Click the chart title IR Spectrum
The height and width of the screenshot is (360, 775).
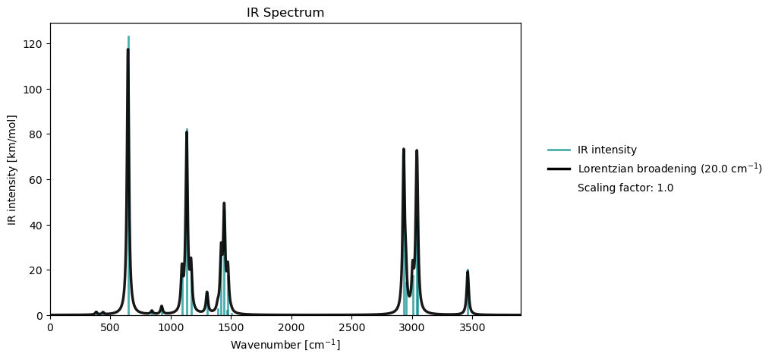(285, 13)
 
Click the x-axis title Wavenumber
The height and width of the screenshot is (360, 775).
(285, 345)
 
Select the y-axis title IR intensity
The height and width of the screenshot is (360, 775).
(12, 169)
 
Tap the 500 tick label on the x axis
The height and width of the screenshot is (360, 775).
(110, 328)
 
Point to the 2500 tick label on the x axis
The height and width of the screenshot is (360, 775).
(351, 328)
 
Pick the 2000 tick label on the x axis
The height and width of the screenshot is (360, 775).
(291, 328)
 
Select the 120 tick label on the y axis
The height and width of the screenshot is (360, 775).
(33, 44)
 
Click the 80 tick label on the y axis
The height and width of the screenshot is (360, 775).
(36, 134)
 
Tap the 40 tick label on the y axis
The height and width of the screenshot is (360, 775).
(36, 225)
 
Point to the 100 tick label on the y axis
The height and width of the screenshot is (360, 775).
(33, 89)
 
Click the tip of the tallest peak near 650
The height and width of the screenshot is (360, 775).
(128, 50)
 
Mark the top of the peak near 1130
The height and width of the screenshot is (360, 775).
(187, 132)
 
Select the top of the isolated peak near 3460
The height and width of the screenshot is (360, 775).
(468, 272)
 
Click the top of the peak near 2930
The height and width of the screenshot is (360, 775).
(404, 150)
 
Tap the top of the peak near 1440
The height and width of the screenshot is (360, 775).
(224, 204)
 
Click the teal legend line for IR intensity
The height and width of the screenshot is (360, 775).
(559, 150)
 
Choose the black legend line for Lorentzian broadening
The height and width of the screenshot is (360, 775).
(559, 169)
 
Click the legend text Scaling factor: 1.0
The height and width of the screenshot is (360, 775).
(625, 188)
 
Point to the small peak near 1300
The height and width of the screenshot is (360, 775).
(206, 292)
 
